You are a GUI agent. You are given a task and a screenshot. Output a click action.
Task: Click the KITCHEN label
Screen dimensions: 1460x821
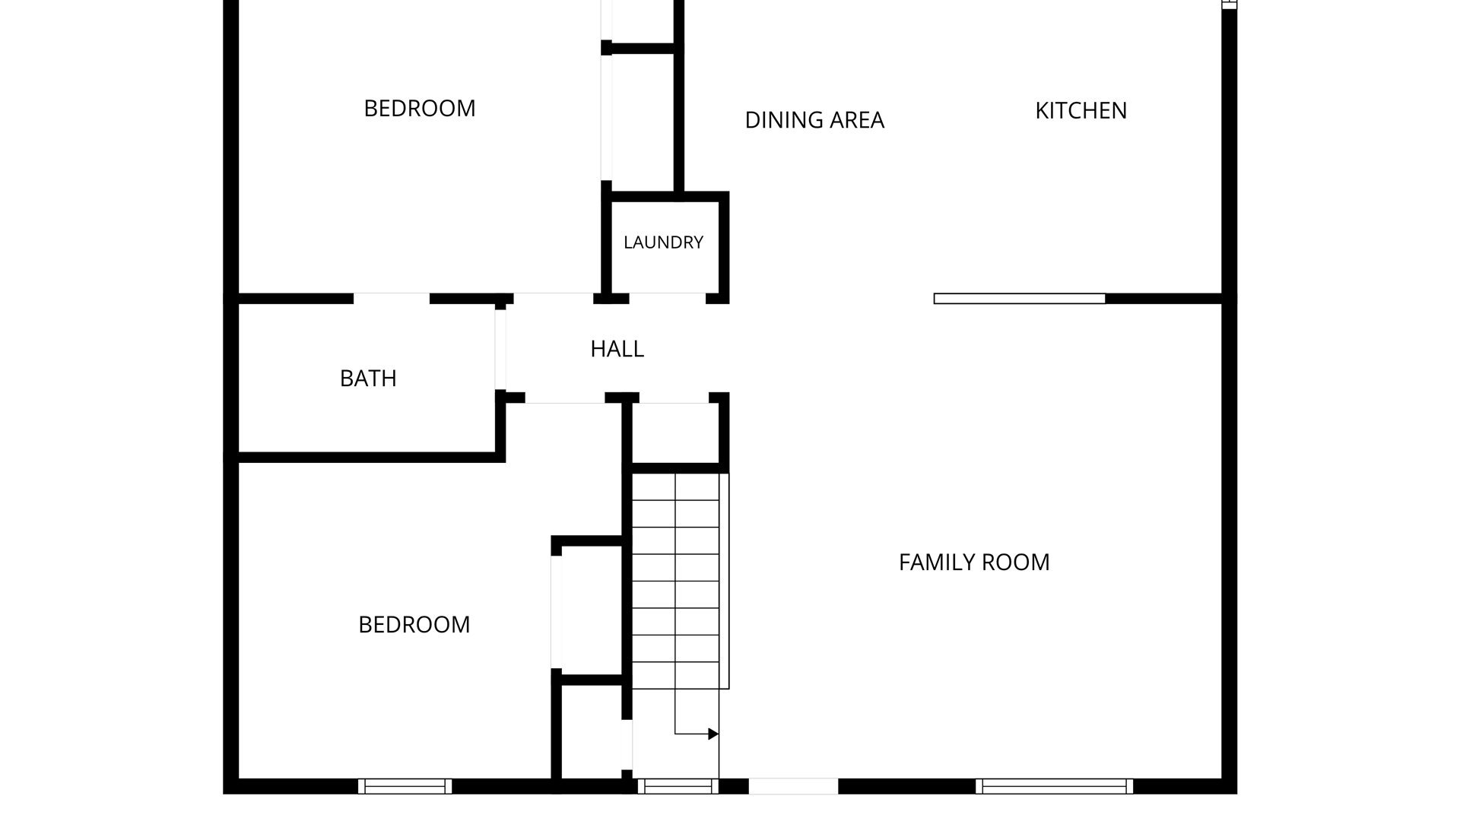(x=1081, y=111)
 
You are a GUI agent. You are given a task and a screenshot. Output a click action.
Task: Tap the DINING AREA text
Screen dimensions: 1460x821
(x=814, y=120)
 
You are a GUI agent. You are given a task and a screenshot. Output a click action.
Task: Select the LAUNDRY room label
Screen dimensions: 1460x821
(x=663, y=242)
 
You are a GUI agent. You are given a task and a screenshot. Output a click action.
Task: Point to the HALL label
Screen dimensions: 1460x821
(x=617, y=349)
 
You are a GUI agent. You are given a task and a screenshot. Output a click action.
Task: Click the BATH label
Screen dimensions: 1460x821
(x=368, y=379)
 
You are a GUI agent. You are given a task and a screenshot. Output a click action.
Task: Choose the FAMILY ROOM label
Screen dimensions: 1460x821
(x=974, y=563)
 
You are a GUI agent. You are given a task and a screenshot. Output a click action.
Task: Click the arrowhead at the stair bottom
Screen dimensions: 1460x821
(x=713, y=734)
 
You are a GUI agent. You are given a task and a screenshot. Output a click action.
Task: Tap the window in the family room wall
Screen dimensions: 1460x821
(x=1055, y=786)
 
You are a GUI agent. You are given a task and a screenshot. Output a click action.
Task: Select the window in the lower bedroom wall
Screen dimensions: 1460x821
(x=405, y=786)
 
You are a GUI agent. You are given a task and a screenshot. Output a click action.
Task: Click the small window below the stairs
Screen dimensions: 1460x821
(x=678, y=786)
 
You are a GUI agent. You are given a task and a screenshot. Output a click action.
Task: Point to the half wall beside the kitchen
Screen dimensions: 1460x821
(x=1020, y=299)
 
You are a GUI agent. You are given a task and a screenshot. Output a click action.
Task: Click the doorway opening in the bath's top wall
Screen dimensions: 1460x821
(x=392, y=299)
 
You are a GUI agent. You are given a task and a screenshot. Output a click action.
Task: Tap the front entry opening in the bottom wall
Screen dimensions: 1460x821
(x=793, y=786)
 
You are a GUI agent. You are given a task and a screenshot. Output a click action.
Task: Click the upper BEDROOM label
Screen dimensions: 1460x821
(x=420, y=109)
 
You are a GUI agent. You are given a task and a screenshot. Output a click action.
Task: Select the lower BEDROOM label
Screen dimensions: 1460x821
(x=414, y=625)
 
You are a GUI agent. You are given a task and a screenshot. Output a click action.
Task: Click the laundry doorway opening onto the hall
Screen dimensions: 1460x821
(x=668, y=299)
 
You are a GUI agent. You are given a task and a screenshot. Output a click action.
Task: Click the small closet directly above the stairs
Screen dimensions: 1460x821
(x=674, y=433)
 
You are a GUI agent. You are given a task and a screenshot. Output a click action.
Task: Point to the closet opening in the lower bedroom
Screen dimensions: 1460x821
(x=556, y=613)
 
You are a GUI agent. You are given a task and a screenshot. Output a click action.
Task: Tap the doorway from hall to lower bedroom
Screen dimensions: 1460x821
(x=565, y=398)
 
